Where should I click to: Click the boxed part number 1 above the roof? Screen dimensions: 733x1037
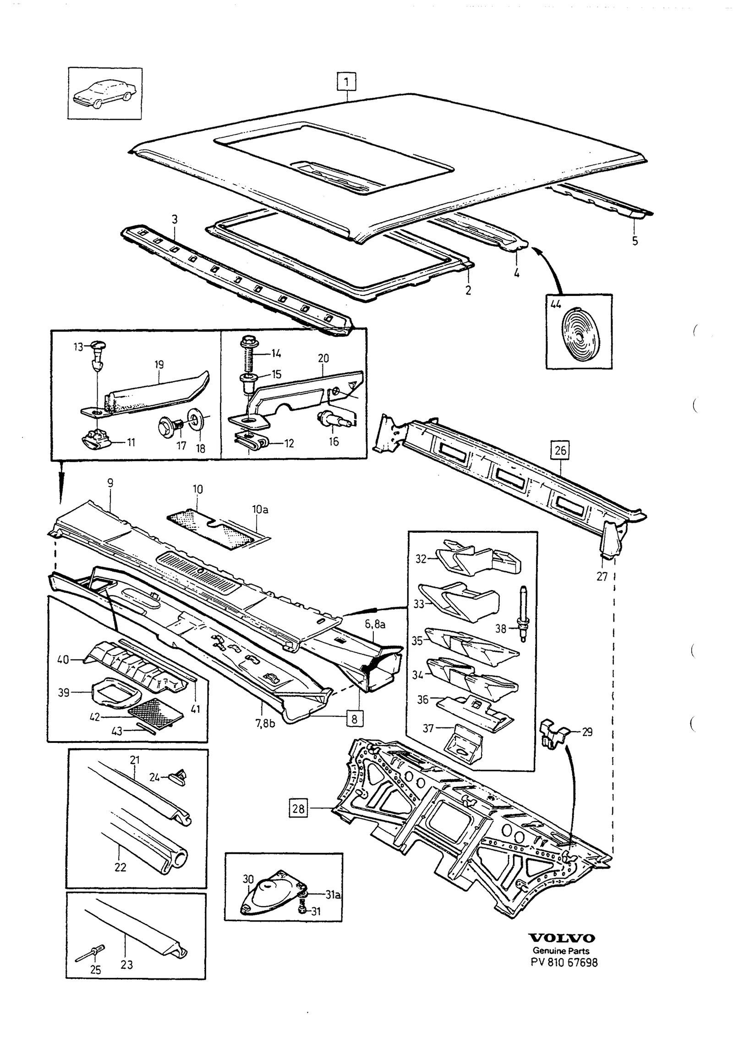coord(346,82)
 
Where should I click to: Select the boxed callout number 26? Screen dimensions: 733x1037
coord(560,450)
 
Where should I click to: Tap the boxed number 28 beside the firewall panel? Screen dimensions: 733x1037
coord(298,808)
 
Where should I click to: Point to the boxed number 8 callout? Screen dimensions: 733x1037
coord(354,719)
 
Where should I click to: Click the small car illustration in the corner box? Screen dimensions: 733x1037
coord(105,93)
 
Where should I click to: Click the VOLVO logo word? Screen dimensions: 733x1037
coord(562,939)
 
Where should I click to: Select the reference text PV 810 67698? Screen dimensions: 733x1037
coord(564,963)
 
